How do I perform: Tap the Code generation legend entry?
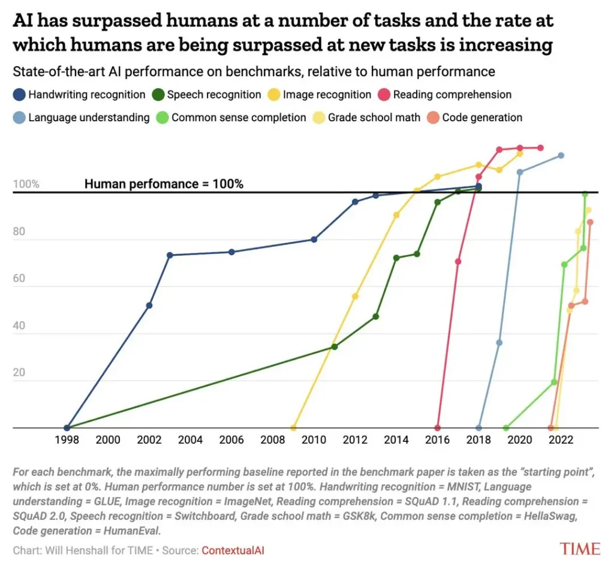point(481,118)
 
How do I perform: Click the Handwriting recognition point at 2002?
point(149,306)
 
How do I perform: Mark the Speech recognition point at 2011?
point(335,347)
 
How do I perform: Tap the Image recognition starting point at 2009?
point(293,428)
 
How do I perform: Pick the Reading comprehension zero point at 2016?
point(437,428)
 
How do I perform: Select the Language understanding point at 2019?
point(499,343)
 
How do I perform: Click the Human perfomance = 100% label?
point(164,184)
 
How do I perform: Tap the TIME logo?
point(580,549)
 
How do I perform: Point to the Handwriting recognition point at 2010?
point(314,240)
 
